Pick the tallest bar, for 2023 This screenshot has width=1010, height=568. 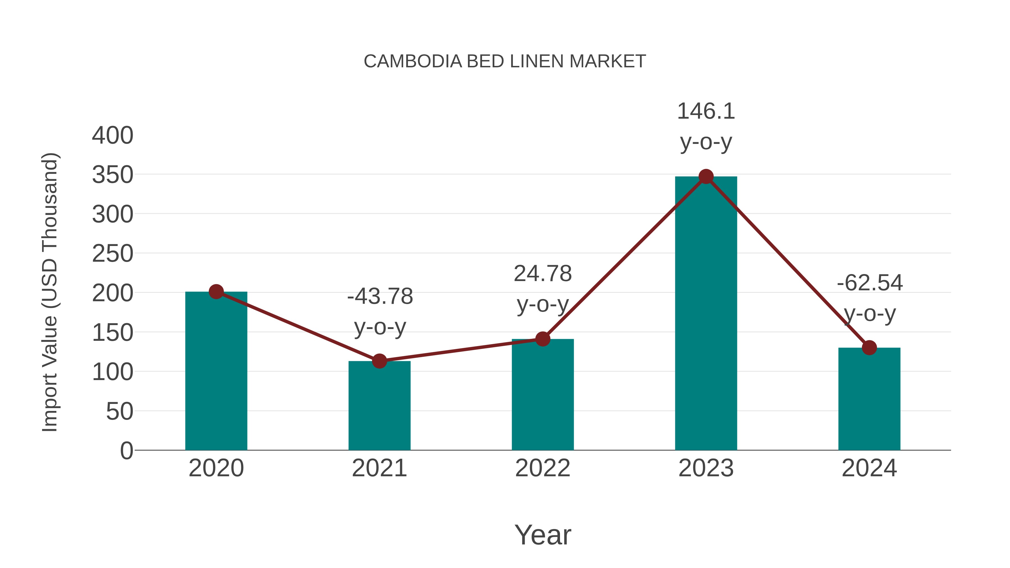point(706,314)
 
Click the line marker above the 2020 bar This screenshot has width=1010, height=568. point(216,292)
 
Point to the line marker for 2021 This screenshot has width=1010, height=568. point(379,361)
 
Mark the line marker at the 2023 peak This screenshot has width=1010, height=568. point(706,177)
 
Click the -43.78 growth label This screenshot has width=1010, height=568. point(380,296)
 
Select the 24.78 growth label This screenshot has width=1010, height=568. point(543,273)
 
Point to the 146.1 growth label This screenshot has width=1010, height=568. point(706,111)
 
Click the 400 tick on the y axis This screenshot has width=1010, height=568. point(113,136)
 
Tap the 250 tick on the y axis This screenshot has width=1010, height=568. point(113,254)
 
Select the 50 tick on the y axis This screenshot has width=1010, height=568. point(120,411)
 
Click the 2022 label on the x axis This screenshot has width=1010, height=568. point(543,468)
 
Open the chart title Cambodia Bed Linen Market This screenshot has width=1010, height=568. point(505,61)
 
